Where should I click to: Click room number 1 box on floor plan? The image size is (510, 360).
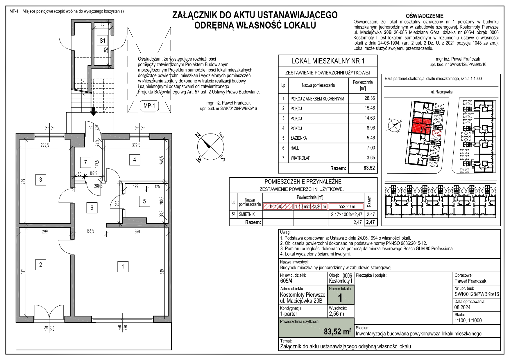pos(123,267)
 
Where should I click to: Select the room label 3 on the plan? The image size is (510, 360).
pos(41,180)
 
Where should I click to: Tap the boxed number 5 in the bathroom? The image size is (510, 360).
pos(144,201)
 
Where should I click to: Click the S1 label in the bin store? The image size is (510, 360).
pos(102,41)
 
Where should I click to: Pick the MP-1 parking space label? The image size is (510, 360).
pos(149,106)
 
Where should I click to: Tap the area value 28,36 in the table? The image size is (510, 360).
pos(370,98)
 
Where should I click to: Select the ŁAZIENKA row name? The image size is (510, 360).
pos(298,138)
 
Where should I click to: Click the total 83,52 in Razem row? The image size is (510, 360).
pos(369,168)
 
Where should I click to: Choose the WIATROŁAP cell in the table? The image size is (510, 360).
pos(300,158)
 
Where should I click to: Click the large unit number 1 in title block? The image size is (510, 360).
pos(340,298)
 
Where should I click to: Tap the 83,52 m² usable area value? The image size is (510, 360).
pos(337,331)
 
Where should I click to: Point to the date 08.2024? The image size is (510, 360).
pos(462,307)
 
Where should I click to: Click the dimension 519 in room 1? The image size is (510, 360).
pos(162,271)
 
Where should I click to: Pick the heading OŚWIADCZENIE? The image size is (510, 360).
pos(425,16)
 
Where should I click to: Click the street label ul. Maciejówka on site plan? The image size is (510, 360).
pos(441,92)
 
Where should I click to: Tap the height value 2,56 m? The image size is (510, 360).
pos(336,314)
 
